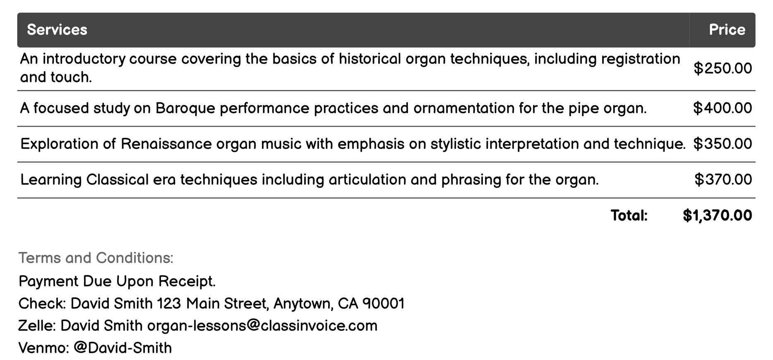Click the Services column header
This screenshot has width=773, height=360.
click(57, 30)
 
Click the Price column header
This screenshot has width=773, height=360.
click(727, 30)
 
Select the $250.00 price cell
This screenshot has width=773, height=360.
click(723, 68)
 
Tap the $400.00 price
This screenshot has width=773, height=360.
click(723, 108)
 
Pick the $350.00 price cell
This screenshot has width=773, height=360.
click(723, 144)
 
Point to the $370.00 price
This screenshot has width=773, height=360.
click(723, 180)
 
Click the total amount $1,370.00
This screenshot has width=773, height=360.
click(717, 216)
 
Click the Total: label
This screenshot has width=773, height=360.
click(629, 216)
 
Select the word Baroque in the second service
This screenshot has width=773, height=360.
click(185, 108)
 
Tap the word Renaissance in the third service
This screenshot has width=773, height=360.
click(166, 144)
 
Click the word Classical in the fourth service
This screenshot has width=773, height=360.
click(117, 180)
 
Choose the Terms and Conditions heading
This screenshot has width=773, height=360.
click(96, 258)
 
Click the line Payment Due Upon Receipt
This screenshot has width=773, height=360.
click(117, 281)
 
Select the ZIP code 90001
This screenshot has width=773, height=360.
click(383, 304)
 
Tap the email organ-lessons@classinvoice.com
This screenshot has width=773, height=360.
click(262, 326)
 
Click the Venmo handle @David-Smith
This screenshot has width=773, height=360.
click(122, 348)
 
